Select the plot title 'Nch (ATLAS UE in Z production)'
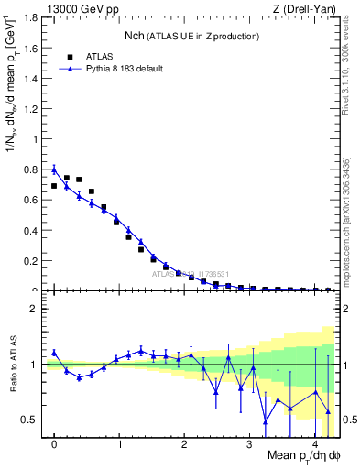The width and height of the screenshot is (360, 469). coord(191,36)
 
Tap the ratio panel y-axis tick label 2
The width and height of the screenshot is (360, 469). coord(37,309)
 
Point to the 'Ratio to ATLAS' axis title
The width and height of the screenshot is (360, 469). coord(14,364)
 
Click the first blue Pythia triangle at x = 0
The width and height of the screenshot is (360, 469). coord(54,169)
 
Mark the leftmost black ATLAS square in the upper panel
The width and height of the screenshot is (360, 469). coord(54,186)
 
